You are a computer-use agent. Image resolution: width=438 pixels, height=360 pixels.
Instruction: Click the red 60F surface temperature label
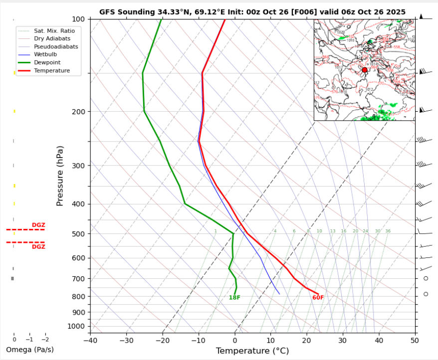(x=318, y=298)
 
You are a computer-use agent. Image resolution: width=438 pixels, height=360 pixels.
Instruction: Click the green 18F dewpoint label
(x=234, y=298)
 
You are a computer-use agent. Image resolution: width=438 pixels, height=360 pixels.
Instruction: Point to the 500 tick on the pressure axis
(x=79, y=234)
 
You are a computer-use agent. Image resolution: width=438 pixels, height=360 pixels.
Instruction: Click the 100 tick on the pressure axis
(x=79, y=19)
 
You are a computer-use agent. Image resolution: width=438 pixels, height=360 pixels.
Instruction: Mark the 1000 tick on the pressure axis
(x=77, y=326)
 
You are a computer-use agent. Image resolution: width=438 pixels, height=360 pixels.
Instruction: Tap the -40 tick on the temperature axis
(x=90, y=341)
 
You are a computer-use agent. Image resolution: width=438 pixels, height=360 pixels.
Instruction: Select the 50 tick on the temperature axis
(x=415, y=341)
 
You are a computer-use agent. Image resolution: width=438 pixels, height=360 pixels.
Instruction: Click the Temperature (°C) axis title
(x=252, y=351)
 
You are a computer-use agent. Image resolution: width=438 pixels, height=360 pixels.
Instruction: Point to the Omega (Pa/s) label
(x=29, y=350)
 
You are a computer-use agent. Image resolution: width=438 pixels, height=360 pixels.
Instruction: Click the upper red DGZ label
(x=38, y=225)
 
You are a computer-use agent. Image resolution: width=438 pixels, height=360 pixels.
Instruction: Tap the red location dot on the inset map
(x=364, y=70)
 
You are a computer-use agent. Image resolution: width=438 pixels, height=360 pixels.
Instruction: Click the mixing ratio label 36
(x=388, y=231)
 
